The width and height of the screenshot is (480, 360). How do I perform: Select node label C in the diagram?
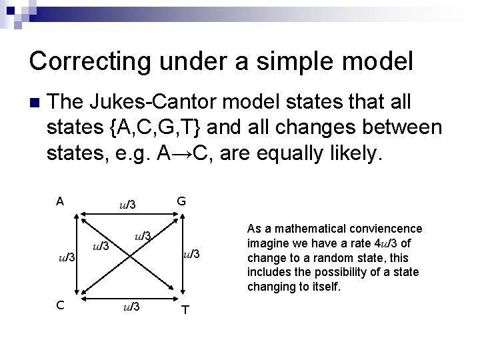pos(60,305)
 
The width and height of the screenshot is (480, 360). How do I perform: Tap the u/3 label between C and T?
pos(130,307)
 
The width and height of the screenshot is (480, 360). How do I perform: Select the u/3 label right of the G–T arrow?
pos(191,253)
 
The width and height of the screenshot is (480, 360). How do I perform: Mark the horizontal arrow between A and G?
pos(129,215)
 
